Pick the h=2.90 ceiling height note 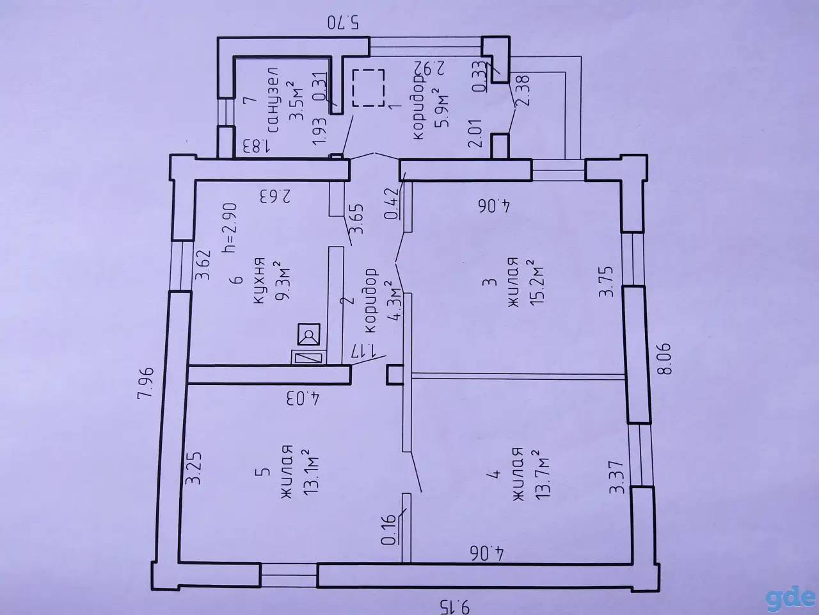230,228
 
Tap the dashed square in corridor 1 369,88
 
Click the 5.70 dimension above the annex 343,23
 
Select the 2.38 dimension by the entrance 524,91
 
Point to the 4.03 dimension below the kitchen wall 303,398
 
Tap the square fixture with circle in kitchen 309,334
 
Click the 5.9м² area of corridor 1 441,108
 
